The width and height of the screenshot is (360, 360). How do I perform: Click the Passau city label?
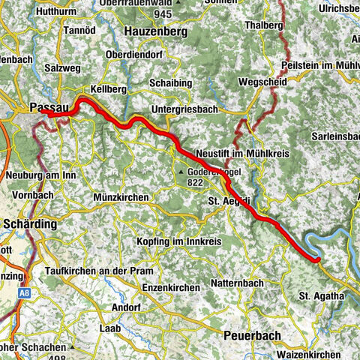coord(49,108)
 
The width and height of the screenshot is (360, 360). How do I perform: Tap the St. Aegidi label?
coord(229,201)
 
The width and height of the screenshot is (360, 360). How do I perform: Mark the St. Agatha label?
coord(321,296)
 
